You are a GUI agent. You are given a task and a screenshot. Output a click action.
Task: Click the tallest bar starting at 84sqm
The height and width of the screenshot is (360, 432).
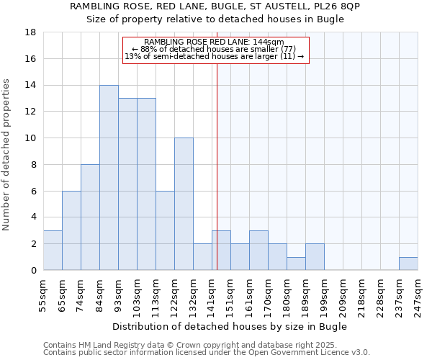pos(109,178)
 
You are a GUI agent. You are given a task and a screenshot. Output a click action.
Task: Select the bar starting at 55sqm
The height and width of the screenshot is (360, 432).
pos(53,251)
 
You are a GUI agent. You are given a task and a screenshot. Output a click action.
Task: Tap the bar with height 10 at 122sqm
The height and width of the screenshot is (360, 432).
pos(184,204)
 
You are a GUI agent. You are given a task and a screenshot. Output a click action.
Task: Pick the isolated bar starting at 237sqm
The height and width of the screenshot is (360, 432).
pos(408,264)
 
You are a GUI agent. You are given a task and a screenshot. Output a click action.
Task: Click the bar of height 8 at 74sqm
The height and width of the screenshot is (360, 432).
pos(90,217)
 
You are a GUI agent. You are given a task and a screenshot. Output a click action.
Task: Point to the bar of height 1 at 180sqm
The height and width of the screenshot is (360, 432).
pos(296,264)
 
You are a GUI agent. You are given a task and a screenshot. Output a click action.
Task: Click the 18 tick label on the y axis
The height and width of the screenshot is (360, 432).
pos(31,32)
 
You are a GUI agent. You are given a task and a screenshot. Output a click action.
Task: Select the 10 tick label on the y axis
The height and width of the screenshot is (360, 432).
pos(31,138)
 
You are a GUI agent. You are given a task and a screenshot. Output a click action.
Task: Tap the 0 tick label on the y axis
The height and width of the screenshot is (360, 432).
pos(34,271)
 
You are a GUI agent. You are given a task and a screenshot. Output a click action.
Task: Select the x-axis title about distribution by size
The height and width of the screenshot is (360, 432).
pos(230,326)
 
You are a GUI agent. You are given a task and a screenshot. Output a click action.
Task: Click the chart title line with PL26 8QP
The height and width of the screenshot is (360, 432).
pos(215,6)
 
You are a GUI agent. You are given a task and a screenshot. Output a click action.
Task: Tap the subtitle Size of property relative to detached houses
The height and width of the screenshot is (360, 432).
pos(215,19)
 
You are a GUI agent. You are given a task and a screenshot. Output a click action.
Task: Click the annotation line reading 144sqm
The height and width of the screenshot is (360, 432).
pos(215,42)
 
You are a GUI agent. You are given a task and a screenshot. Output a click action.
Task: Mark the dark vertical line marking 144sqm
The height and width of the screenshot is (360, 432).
pos(217,166)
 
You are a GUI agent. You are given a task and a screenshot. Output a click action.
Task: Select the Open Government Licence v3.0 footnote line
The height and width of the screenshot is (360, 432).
pos(207,353)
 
